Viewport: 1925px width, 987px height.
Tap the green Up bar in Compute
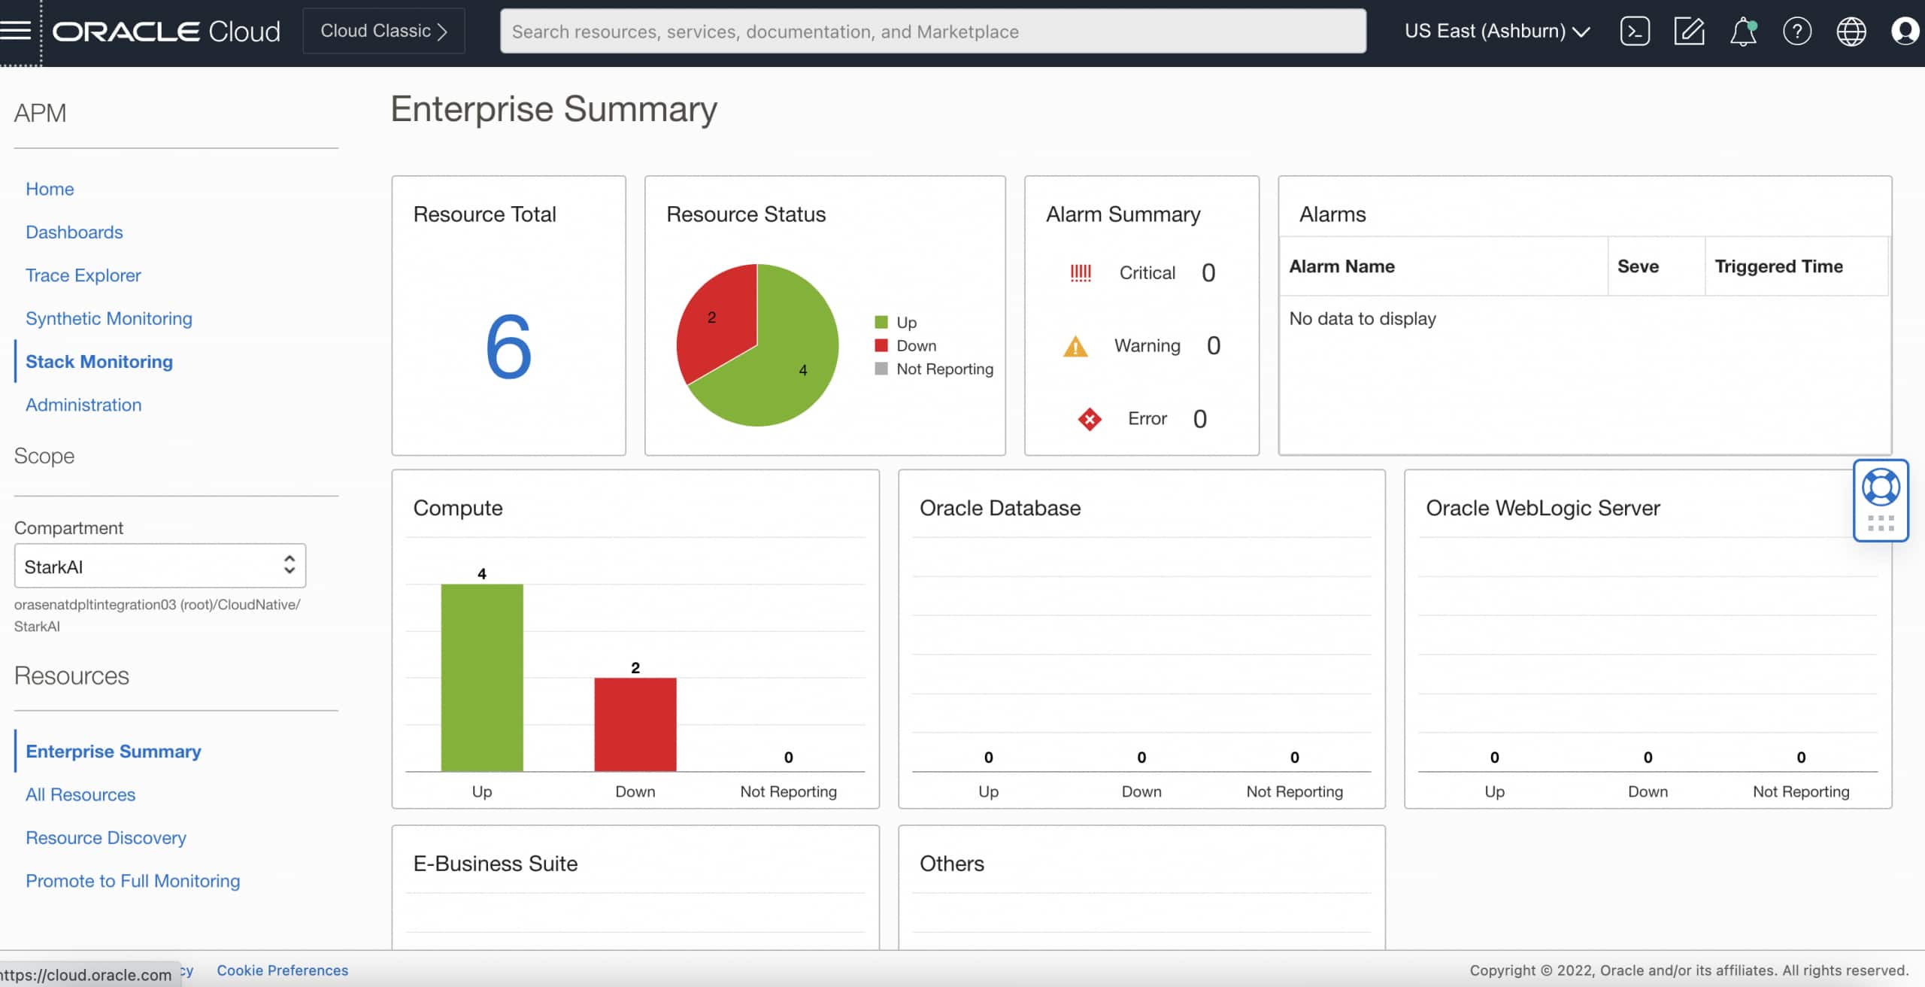click(x=482, y=677)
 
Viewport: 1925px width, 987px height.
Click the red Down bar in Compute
click(x=635, y=724)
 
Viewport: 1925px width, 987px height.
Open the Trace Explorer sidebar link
click(x=83, y=275)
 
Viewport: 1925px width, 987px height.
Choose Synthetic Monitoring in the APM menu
click(x=109, y=318)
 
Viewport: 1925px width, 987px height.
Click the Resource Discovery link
click(x=106, y=837)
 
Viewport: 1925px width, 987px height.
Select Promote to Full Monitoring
click(x=133, y=881)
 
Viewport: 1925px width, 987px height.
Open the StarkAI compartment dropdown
click(x=160, y=566)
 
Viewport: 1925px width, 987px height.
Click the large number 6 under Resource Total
click(x=508, y=347)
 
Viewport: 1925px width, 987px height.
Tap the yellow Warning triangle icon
click(x=1075, y=347)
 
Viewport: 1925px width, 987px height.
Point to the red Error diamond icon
click(x=1089, y=419)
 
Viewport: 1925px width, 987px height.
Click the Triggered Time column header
click(x=1778, y=266)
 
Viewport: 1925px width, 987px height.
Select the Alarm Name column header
click(x=1342, y=266)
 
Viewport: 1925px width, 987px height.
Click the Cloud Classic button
click(x=383, y=31)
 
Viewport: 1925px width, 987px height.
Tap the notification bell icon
click(x=1742, y=32)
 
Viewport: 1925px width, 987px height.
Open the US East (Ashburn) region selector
click(x=1497, y=31)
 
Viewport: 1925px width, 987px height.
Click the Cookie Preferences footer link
click(x=283, y=970)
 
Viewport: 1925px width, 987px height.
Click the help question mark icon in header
click(x=1796, y=32)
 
